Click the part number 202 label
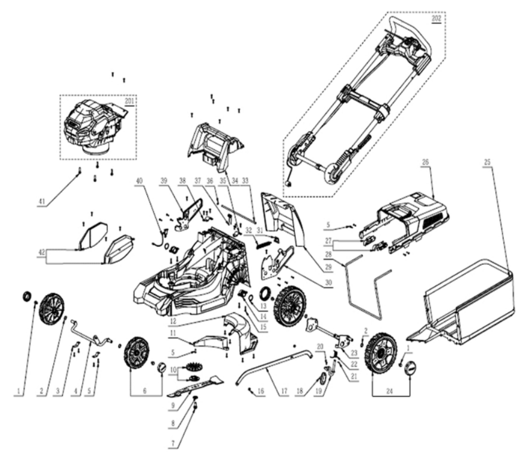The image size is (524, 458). (x=436, y=18)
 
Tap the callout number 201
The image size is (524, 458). (x=130, y=101)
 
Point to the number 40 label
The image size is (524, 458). (x=140, y=181)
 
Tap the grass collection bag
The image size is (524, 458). (x=471, y=307)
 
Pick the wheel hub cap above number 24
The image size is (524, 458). (x=409, y=369)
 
